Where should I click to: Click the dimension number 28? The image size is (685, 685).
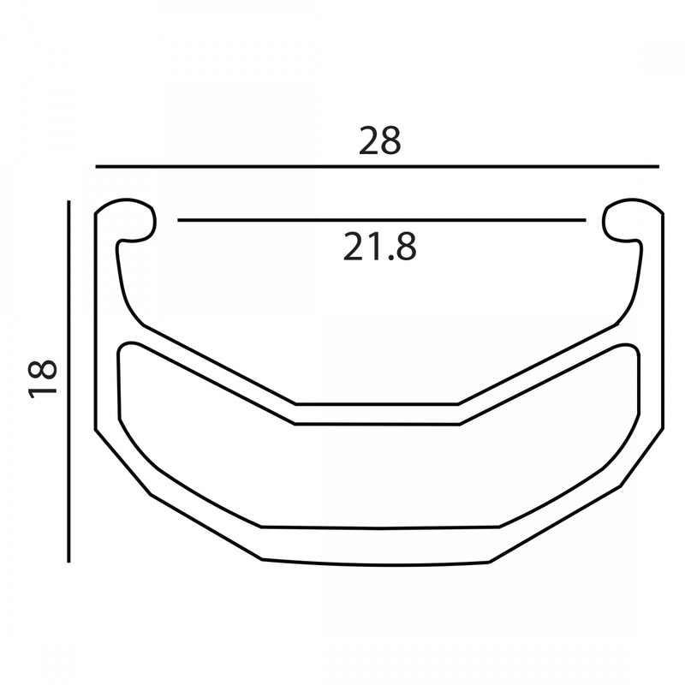tap(379, 140)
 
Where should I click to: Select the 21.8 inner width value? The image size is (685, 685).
tap(379, 247)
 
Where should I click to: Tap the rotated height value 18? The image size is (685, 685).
tap(43, 378)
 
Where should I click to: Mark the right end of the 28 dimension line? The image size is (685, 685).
tap(658, 166)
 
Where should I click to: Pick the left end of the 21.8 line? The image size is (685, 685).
tap(179, 221)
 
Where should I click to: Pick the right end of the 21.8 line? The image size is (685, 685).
tap(585, 221)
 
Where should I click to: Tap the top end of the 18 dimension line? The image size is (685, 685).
tap(68, 201)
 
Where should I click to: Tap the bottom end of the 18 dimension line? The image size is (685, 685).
tap(68, 561)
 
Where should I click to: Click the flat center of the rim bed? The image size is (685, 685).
tap(379, 412)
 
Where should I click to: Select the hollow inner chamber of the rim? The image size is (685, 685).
tap(379, 471)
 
